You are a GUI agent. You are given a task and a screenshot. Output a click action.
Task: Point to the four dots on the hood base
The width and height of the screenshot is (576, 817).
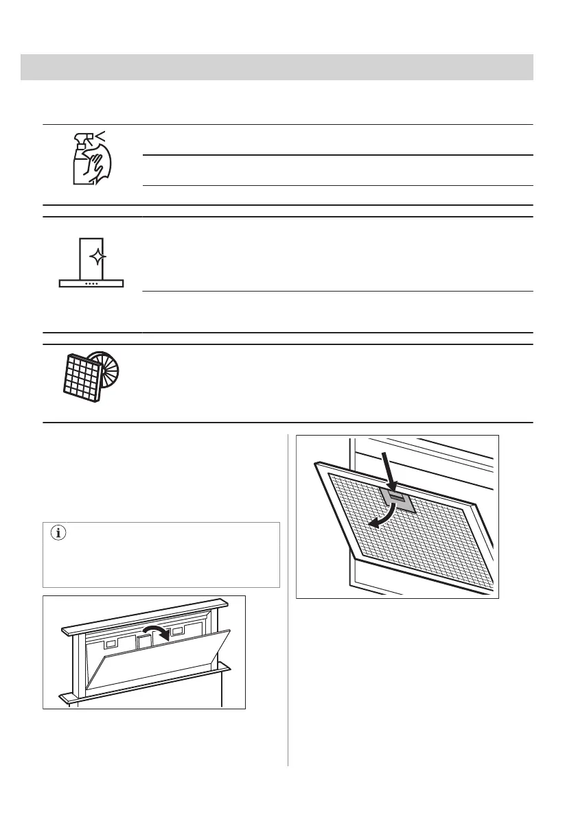tap(91, 283)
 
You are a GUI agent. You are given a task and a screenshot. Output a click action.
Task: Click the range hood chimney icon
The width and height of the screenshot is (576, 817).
tap(92, 261)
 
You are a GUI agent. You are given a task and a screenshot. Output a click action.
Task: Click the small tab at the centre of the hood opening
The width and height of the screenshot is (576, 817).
tap(144, 641)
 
